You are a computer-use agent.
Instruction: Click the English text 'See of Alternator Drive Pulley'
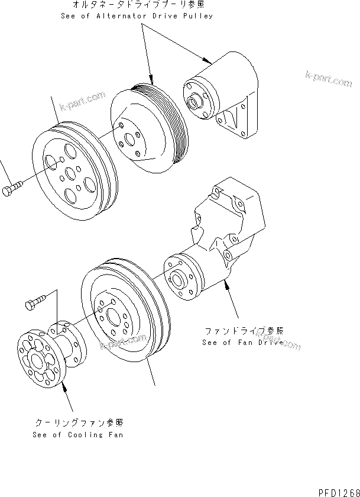[x=137, y=16]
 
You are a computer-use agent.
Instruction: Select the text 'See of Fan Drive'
[x=243, y=342]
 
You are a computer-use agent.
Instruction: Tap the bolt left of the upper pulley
[x=14, y=191]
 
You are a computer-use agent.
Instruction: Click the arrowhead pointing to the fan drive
[x=226, y=285]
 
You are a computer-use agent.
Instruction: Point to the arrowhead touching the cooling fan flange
[x=63, y=385]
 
